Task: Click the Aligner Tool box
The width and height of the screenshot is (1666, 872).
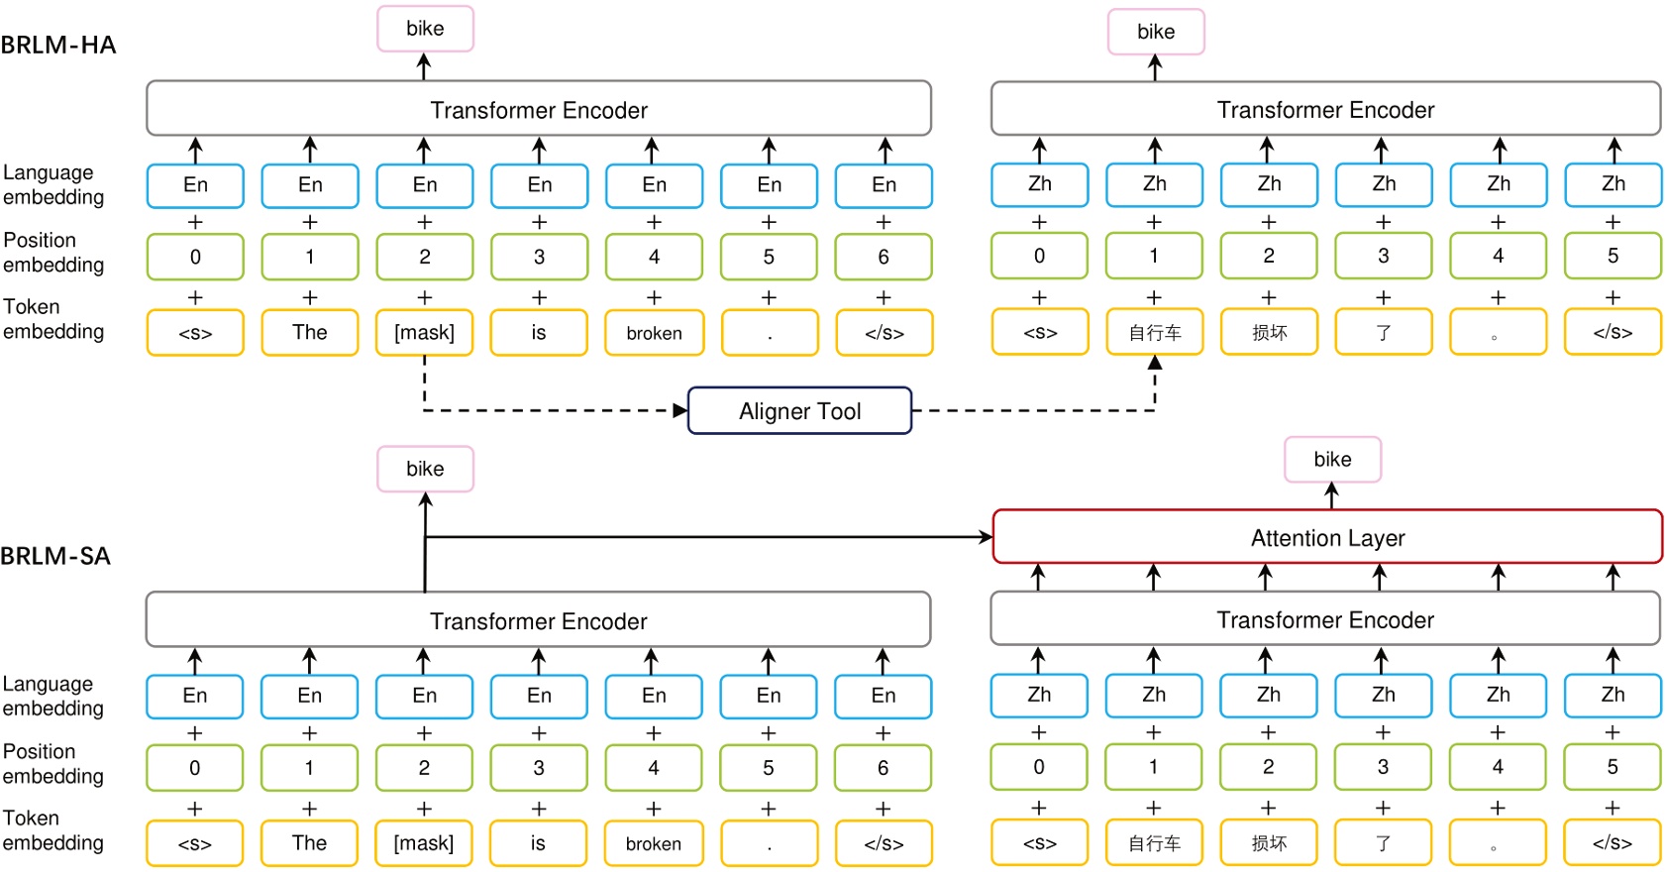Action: coord(799,410)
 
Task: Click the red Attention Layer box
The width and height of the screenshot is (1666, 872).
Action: coord(1327,537)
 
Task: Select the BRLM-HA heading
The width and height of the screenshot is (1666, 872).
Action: coord(58,45)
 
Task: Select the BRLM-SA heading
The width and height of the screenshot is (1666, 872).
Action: coord(55,556)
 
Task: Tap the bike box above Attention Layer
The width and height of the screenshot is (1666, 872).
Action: coord(1332,460)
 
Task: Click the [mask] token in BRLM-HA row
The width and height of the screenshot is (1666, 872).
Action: coord(425,333)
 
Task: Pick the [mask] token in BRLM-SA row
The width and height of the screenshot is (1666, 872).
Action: coord(424,843)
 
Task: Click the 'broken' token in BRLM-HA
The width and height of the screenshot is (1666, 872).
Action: coord(654,333)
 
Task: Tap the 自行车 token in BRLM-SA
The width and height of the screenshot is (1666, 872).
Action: coord(1154,843)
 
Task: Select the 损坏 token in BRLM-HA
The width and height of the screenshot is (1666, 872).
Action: coord(1269,333)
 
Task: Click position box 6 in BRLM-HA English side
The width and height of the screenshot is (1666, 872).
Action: coord(884,258)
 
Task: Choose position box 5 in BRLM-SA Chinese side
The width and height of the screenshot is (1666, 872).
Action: coord(1613,767)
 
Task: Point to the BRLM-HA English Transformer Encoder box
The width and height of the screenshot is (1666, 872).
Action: coord(539,109)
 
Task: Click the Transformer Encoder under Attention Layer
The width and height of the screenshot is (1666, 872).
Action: coord(1325,620)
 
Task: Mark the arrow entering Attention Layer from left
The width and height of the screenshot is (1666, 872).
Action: coord(985,537)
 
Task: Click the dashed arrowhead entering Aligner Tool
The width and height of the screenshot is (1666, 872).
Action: coord(680,410)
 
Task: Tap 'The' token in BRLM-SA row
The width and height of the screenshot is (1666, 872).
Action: coord(309,843)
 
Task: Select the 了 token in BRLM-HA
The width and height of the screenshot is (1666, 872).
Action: coord(1384,333)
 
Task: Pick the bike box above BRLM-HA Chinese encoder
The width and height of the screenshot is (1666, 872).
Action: coord(1156,32)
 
